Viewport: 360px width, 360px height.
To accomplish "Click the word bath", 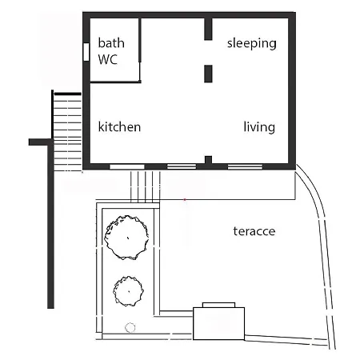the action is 111,43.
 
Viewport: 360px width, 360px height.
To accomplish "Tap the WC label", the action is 108,59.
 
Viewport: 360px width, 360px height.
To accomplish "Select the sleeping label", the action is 252,43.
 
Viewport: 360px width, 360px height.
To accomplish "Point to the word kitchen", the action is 119,126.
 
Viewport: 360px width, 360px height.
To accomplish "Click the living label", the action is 259,127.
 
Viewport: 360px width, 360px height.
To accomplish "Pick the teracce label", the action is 254,231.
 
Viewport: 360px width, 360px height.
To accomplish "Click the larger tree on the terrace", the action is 126,238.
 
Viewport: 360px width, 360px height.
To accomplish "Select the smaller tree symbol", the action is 128,291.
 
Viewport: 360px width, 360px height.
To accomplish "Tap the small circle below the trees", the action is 130,328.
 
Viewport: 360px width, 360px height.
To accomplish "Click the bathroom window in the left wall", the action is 86,52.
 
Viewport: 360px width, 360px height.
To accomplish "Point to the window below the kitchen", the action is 127,167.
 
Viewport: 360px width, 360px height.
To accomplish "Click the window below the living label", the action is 245,167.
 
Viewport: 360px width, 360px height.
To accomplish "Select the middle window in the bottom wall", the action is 182,167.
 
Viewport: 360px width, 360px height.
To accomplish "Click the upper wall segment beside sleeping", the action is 208,29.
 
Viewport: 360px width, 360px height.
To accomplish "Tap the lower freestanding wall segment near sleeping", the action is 208,74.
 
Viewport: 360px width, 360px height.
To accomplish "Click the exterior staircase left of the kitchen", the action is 67,132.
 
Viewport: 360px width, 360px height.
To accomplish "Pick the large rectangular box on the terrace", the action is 218,323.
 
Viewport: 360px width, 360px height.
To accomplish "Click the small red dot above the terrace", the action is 185,199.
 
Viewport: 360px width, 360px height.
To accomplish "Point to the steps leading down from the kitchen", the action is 146,186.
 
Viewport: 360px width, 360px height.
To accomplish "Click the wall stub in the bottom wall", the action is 208,160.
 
